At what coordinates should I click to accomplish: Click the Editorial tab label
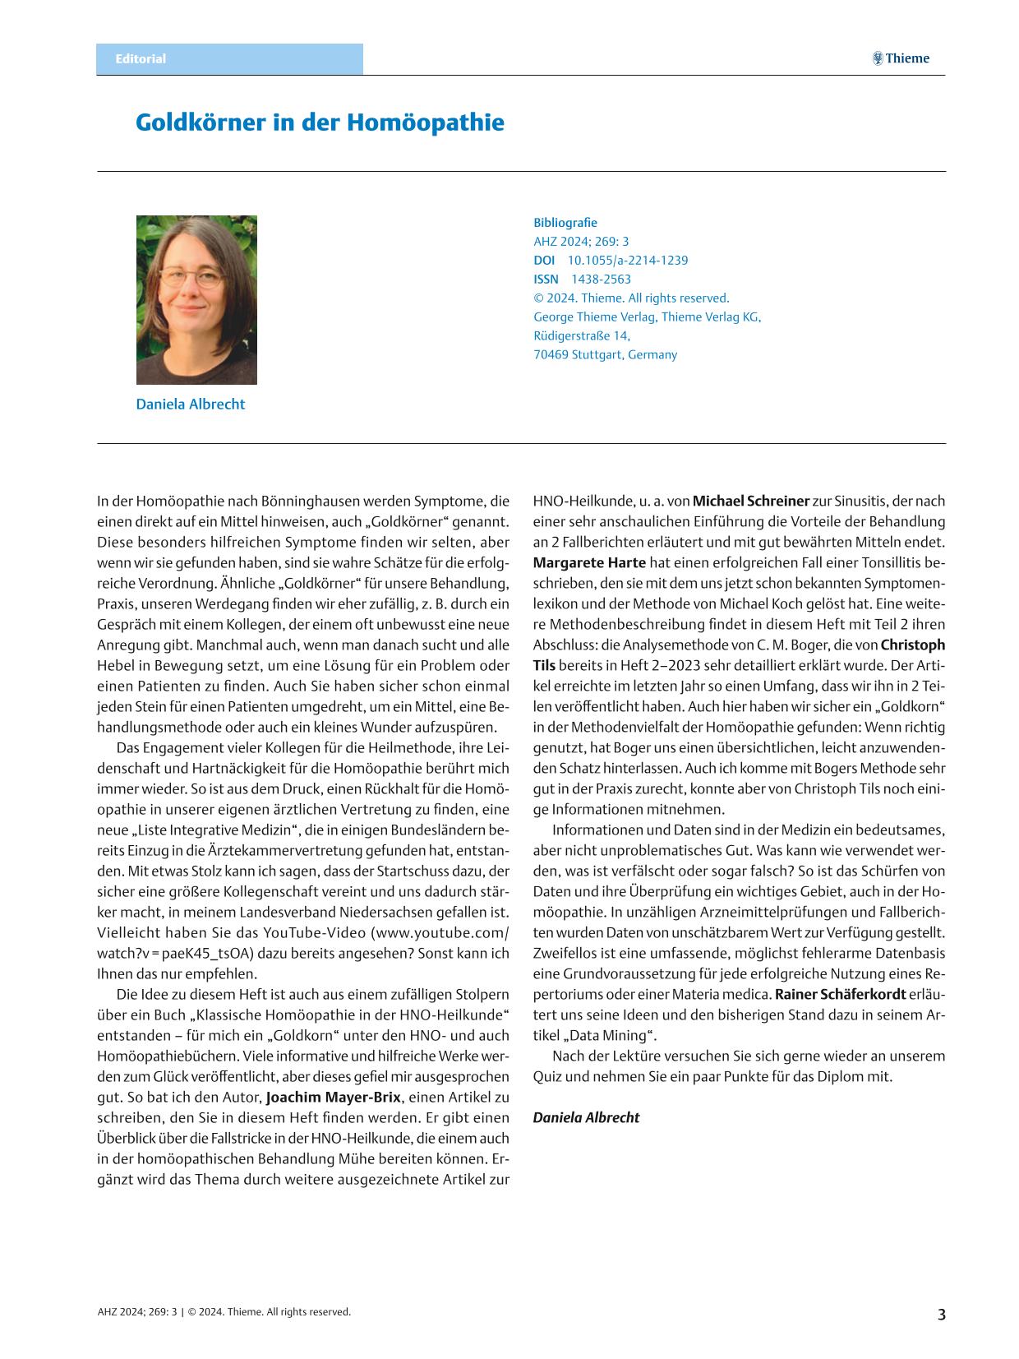coord(141,59)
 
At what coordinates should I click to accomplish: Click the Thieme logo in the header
coord(901,58)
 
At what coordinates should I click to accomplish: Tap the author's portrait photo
coord(196,299)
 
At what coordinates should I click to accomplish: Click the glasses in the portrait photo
coord(191,276)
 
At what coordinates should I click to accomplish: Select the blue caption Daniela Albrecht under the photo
coord(190,404)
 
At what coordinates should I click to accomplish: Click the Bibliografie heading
coord(565,223)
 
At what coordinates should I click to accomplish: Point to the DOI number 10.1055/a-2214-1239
coord(628,261)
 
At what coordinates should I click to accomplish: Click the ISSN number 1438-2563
coord(601,280)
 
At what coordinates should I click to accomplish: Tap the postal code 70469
coord(551,355)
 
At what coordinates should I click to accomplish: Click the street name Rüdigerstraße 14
coord(582,336)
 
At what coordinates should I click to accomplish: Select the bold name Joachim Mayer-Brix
coord(333,1098)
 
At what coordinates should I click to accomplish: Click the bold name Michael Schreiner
coord(751,502)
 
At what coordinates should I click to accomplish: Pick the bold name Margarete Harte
coord(589,563)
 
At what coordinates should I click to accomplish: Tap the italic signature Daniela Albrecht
coord(586,1118)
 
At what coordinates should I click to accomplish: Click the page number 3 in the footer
coord(941,1314)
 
